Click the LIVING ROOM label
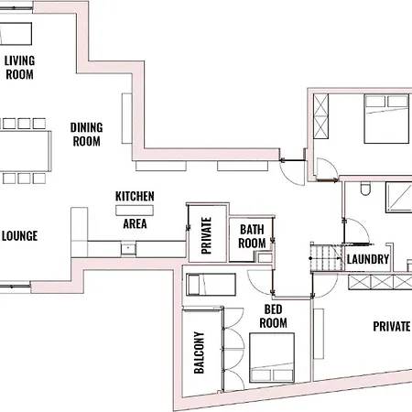pos(19,67)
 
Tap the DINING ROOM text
pos(86,135)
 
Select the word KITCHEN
pos(135,196)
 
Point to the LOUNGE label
pos(19,236)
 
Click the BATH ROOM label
pos(253,236)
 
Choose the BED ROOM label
pos(274,316)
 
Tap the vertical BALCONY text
pos(200,352)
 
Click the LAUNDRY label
pos(368,260)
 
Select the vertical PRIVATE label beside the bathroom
pos(206,234)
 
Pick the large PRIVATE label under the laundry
pos(391,326)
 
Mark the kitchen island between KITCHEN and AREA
pos(135,210)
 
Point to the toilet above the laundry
pos(365,191)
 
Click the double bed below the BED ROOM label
pos(272,357)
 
